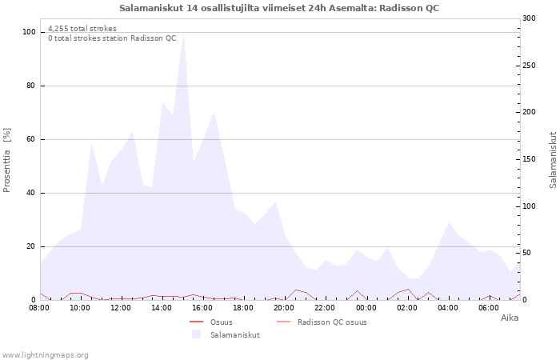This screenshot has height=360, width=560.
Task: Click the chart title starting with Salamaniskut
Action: click(x=279, y=8)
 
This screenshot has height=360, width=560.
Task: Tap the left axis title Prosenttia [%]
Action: click(x=7, y=160)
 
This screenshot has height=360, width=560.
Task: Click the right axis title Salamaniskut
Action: click(x=553, y=160)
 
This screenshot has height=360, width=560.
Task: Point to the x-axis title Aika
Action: click(x=509, y=318)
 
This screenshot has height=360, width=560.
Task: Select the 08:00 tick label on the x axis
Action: click(x=39, y=307)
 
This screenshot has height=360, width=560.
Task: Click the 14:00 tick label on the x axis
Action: click(x=162, y=307)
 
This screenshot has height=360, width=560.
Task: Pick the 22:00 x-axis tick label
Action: click(x=326, y=307)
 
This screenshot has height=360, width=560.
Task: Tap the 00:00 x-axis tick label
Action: click(x=366, y=307)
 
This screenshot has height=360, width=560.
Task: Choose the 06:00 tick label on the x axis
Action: click(x=489, y=307)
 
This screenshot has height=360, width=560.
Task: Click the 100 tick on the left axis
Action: click(x=29, y=32)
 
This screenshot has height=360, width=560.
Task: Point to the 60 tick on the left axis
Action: click(x=31, y=139)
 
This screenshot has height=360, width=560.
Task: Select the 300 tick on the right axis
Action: click(x=528, y=18)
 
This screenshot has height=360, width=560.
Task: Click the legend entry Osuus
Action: click(x=221, y=322)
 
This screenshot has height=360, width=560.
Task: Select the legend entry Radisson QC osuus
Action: click(x=332, y=322)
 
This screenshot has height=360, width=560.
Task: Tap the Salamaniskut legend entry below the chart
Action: click(x=234, y=334)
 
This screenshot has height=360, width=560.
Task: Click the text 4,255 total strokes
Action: click(x=82, y=29)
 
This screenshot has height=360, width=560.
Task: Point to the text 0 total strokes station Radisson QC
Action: click(x=112, y=38)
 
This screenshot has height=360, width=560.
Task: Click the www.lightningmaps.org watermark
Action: click(x=45, y=354)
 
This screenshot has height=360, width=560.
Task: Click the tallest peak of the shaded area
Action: click(x=183, y=34)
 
